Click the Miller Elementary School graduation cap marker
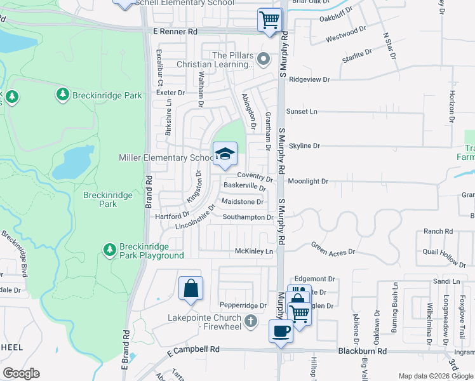[x=224, y=154]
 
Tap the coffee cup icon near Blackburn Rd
[x=281, y=330]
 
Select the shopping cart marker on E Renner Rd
[x=270, y=20]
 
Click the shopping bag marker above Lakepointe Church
[x=191, y=289]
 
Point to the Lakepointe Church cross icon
[x=251, y=321]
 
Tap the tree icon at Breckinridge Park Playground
[x=110, y=248]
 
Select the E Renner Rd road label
[x=176, y=31]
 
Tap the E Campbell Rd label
[x=193, y=350]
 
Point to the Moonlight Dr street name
[x=307, y=182]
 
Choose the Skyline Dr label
[x=304, y=146]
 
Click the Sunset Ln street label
[x=302, y=111]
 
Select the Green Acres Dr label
[x=332, y=249]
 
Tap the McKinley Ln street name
[x=254, y=251]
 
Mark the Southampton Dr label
[x=248, y=217]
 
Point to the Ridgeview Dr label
[x=309, y=80]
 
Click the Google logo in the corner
[x=21, y=373]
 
